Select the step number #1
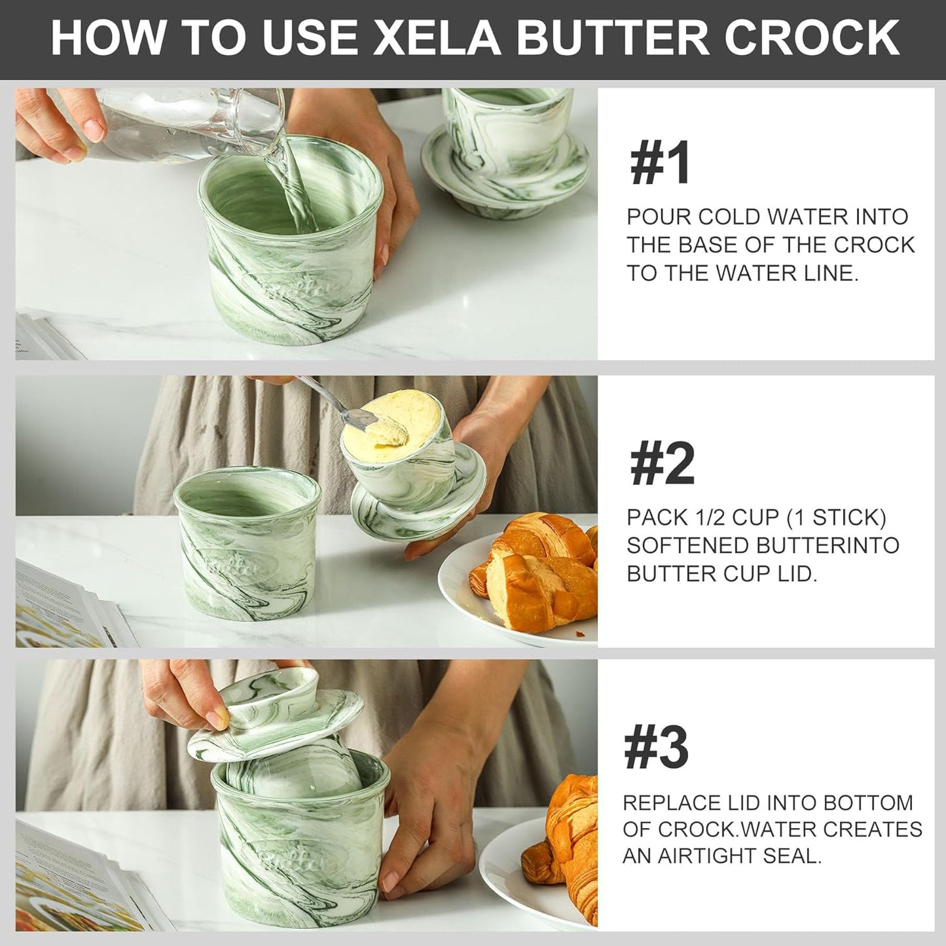659,165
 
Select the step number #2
661,465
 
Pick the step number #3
657,748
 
